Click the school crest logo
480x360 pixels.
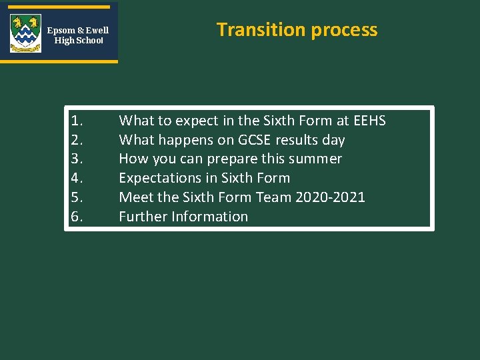pos(25,33)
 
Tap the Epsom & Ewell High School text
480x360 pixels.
pos(78,35)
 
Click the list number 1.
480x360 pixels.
pos(77,121)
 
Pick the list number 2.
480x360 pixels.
pos(77,140)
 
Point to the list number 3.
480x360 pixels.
pos(77,159)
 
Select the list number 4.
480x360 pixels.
pos(77,178)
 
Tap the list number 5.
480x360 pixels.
pos(77,197)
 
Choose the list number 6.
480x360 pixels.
pos(77,217)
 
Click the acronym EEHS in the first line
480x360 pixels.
pos(369,121)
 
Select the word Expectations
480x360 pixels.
pos(158,178)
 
